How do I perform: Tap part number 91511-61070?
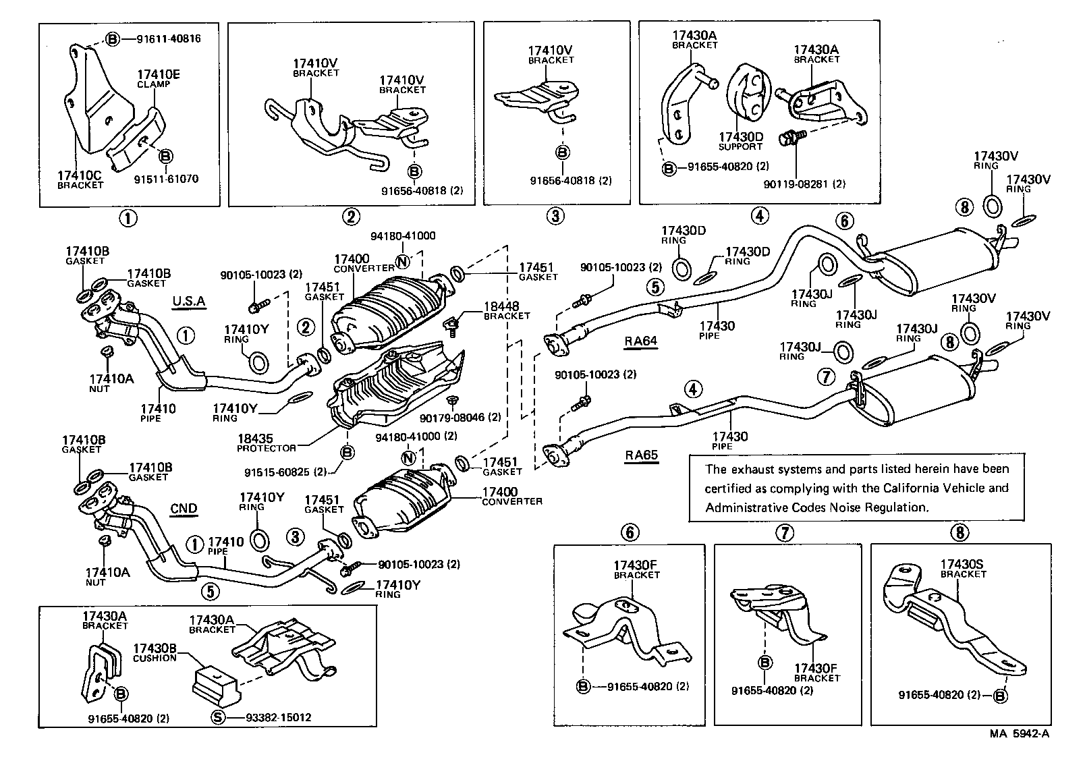[x=166, y=179]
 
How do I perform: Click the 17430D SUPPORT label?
[x=740, y=140]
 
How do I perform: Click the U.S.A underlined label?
[x=188, y=301]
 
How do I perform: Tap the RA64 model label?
[x=640, y=341]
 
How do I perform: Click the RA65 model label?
[x=640, y=455]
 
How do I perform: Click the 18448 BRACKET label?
[x=506, y=310]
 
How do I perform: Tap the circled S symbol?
[x=217, y=717]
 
